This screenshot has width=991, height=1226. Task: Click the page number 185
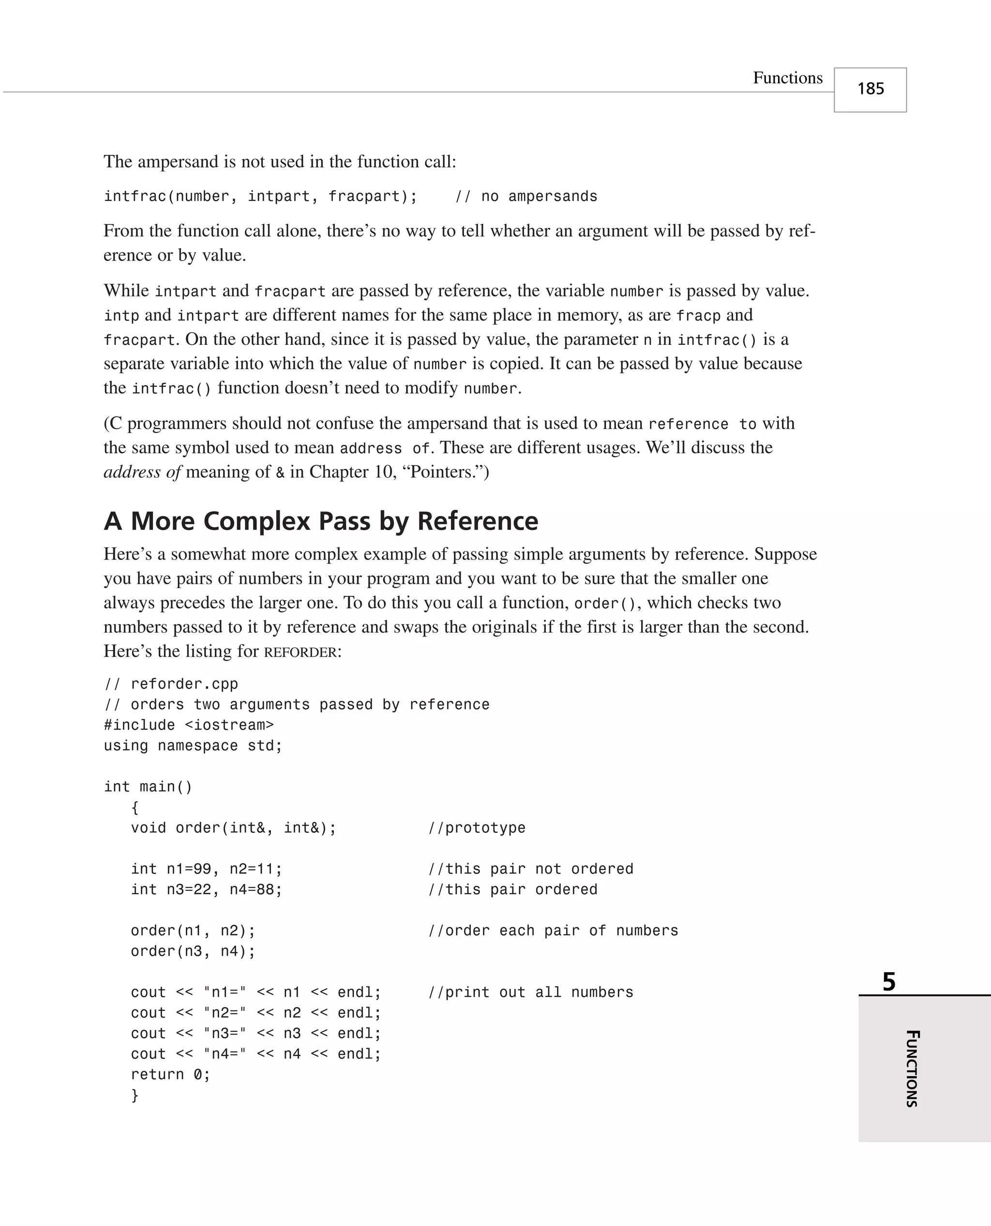[870, 89]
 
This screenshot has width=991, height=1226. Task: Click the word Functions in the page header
[787, 78]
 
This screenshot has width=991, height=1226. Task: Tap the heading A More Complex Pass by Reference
[320, 521]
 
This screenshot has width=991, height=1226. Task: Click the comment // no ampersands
[526, 197]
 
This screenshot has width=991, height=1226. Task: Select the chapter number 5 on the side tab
[889, 982]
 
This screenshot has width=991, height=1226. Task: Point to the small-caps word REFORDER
[300, 652]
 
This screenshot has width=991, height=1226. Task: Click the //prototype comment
[477, 828]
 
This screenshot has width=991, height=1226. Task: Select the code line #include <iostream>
[188, 725]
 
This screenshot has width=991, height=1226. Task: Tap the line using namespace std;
[193, 745]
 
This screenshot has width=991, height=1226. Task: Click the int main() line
[148, 787]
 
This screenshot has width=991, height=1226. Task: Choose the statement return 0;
[170, 1074]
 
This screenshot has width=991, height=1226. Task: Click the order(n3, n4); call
[193, 951]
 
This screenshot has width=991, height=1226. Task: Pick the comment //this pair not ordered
[530, 869]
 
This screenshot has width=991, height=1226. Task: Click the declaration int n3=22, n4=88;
[206, 889]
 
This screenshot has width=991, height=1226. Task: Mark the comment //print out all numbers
[530, 993]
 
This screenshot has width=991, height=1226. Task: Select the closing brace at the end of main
[135, 1095]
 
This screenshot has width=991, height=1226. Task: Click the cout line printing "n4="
[255, 1054]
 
